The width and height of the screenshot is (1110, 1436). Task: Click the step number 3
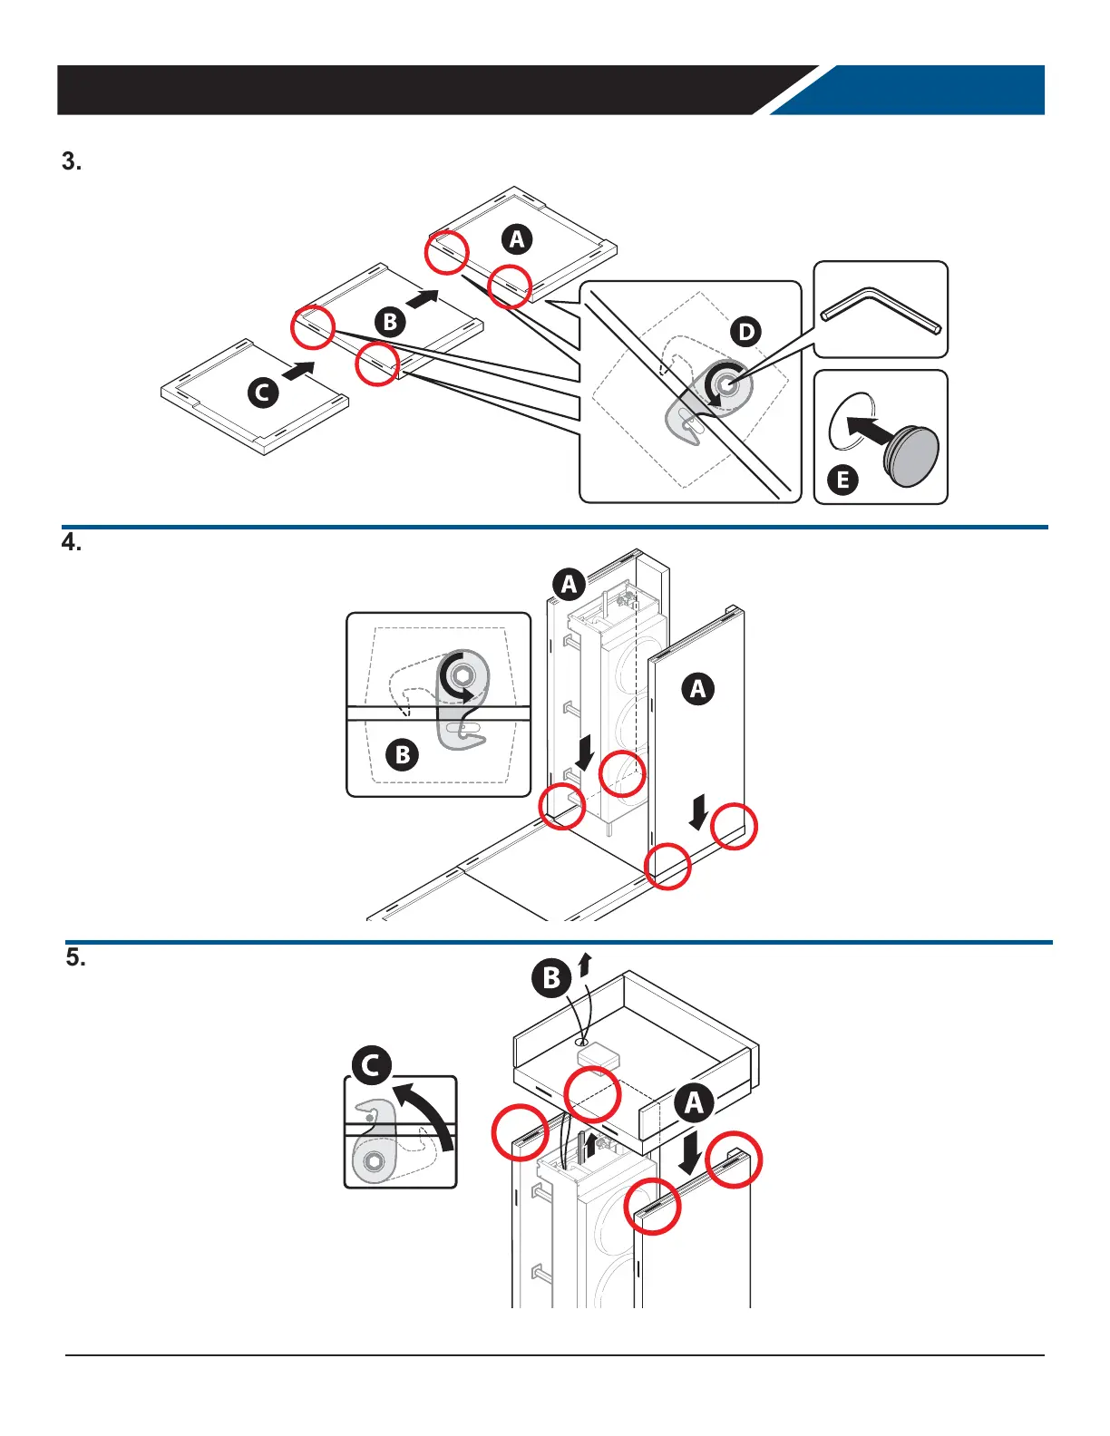(x=72, y=161)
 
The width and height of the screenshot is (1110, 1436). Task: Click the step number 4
(x=72, y=542)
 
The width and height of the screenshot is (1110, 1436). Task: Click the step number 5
(x=75, y=957)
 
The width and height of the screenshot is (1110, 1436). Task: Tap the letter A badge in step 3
(x=517, y=239)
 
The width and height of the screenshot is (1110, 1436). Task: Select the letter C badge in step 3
(x=263, y=393)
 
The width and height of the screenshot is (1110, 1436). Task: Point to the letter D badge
(x=745, y=332)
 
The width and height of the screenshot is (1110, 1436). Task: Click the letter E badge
(x=842, y=480)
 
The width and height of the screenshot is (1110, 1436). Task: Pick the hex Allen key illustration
(x=881, y=311)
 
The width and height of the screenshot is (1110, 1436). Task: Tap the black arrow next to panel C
(x=298, y=371)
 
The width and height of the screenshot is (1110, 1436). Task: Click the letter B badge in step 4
(x=402, y=754)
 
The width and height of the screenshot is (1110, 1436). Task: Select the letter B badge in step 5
(x=551, y=978)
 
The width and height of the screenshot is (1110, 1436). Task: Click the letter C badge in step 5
(x=372, y=1065)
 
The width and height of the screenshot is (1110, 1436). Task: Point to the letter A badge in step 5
(x=694, y=1102)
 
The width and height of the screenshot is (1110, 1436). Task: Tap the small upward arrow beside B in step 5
(x=584, y=965)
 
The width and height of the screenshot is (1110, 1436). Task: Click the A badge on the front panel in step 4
(x=698, y=689)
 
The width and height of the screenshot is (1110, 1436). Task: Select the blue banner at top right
(x=908, y=90)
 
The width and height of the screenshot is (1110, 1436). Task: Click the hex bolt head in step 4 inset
(x=462, y=675)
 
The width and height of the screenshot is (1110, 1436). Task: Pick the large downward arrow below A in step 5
(x=691, y=1151)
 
